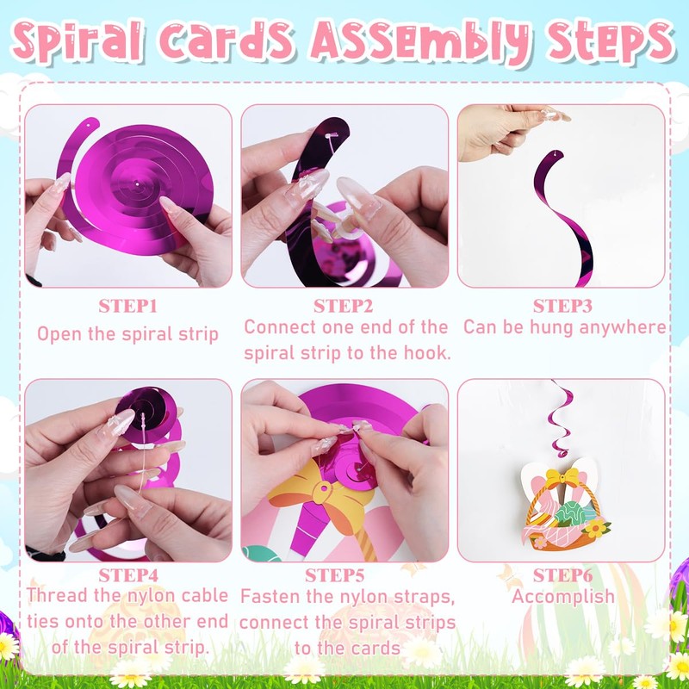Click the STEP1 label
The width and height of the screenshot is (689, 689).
(127, 307)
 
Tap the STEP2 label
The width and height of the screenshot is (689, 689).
(343, 307)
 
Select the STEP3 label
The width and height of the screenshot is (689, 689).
(562, 307)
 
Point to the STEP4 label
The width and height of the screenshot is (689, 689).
(127, 575)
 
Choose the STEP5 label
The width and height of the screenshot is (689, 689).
(334, 575)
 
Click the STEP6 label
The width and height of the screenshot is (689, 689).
(562, 575)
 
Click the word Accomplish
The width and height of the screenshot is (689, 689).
(563, 597)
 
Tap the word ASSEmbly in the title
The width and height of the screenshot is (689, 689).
(420, 42)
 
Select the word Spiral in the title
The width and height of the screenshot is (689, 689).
(78, 40)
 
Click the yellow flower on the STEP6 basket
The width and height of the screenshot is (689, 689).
(596, 527)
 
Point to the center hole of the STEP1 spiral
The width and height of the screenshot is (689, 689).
(137, 184)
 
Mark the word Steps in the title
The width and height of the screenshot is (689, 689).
(611, 42)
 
